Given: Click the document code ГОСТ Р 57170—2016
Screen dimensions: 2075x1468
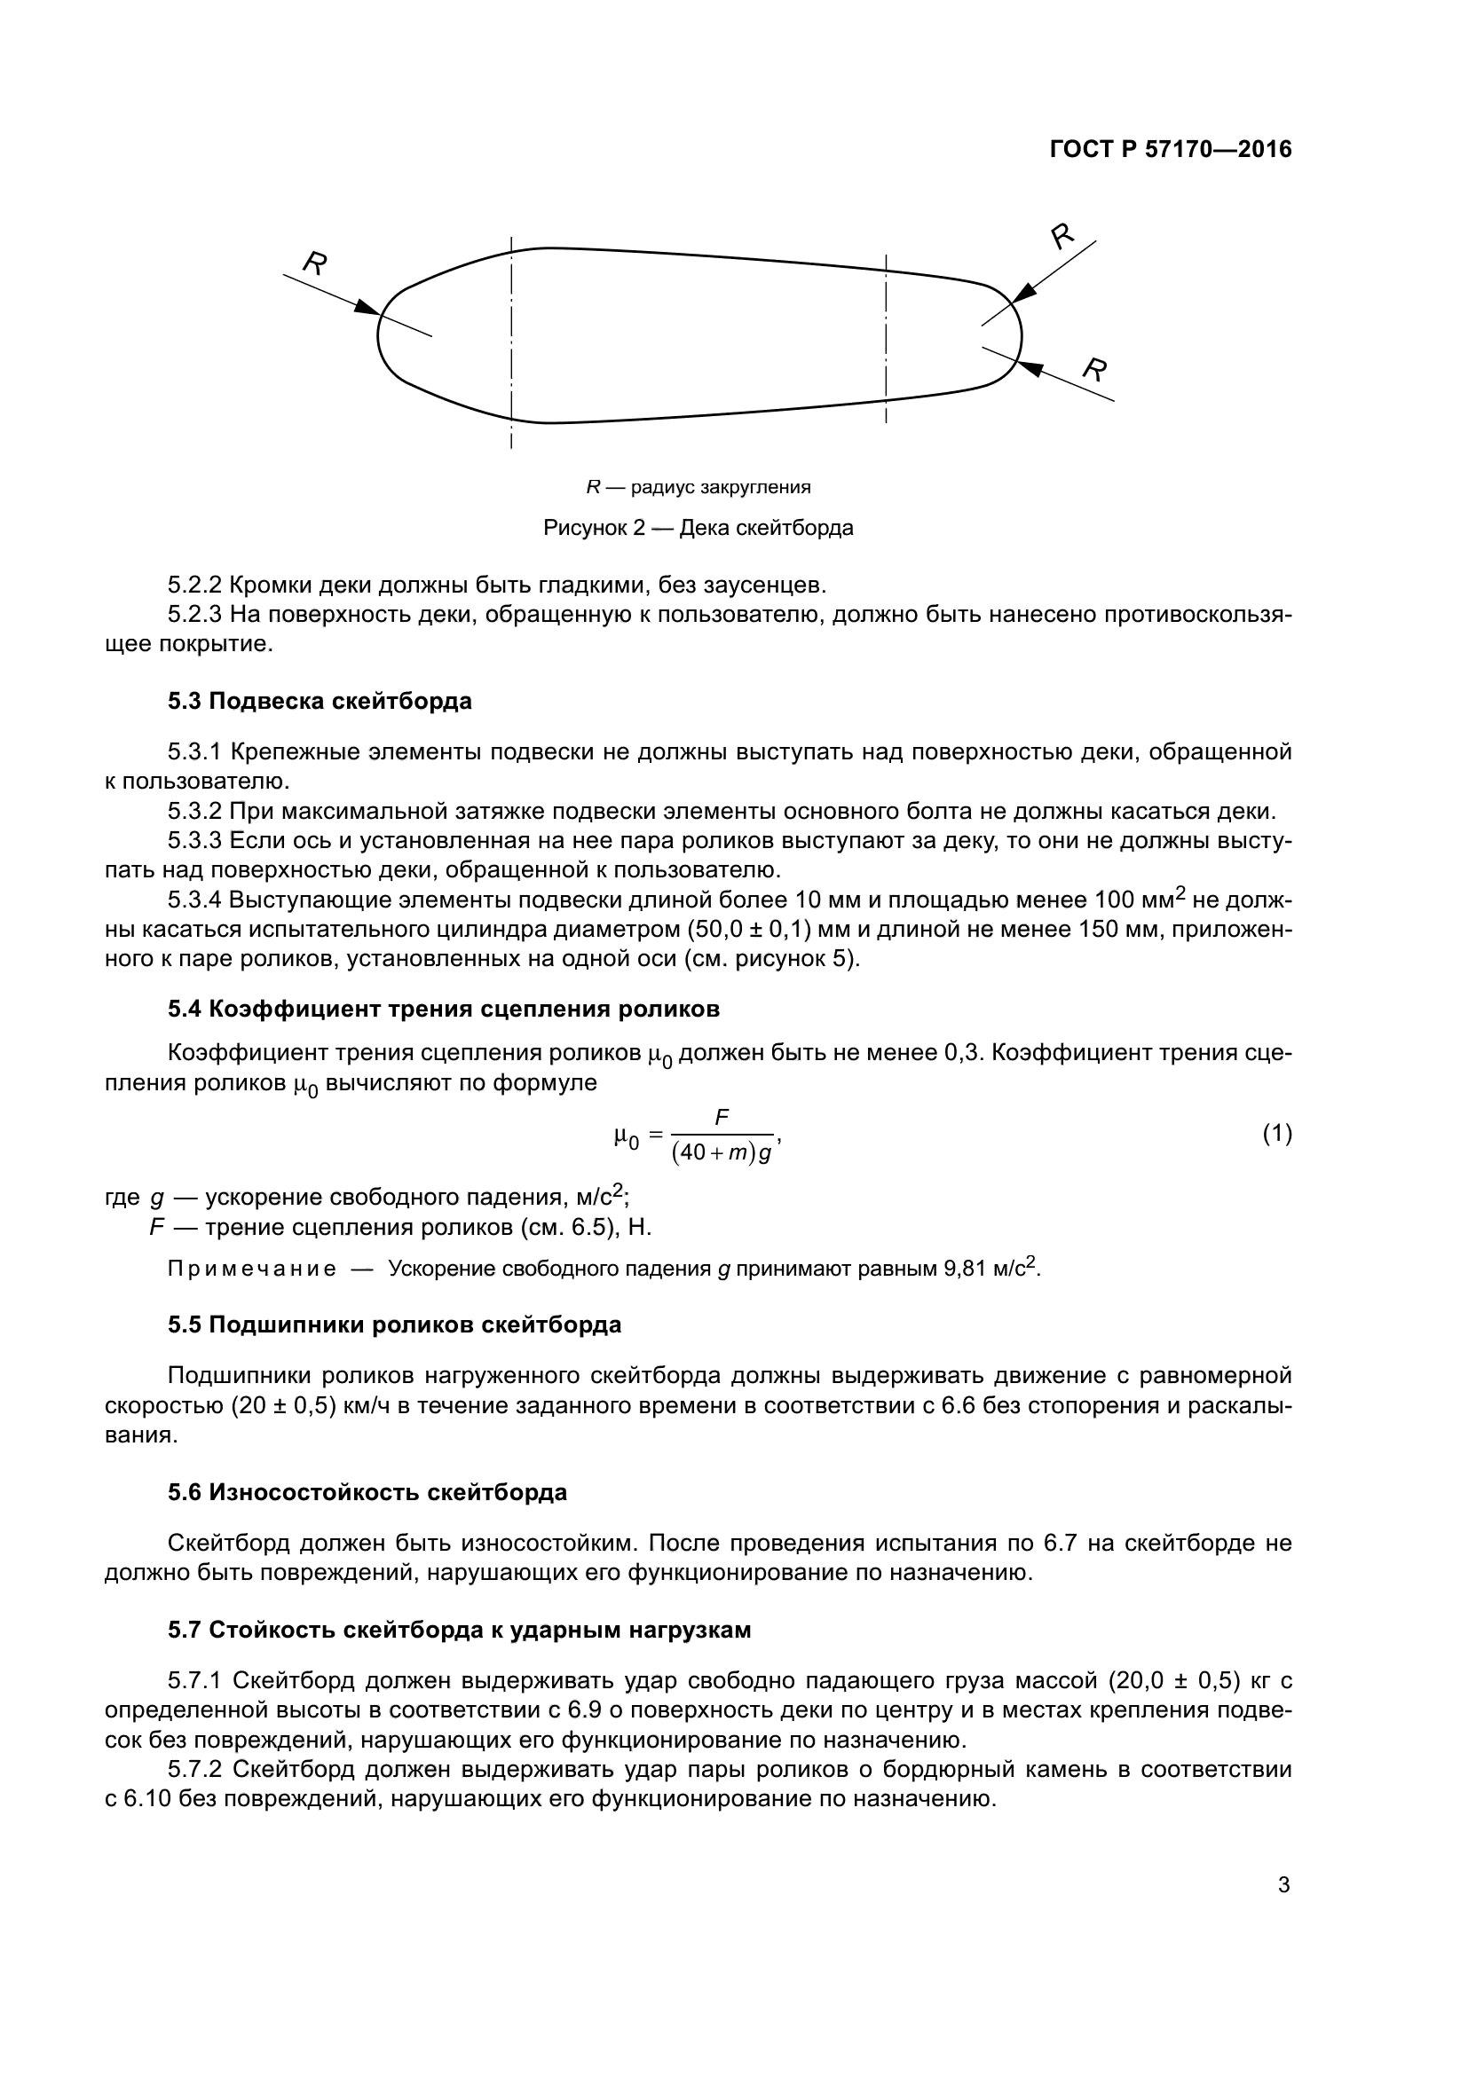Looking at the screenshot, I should (1171, 150).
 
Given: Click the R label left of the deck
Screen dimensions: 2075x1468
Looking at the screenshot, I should (313, 263).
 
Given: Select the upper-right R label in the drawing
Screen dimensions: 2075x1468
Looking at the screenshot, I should (1062, 236).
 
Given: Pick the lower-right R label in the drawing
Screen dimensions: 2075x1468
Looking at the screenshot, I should (1095, 369).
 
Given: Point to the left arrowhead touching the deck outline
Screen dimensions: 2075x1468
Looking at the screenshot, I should (367, 308).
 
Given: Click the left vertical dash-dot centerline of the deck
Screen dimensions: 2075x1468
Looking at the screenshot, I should (511, 343).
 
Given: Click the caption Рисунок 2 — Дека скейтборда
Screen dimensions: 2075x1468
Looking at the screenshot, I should (698, 528).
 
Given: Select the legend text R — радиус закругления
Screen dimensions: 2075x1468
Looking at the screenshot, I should (698, 488).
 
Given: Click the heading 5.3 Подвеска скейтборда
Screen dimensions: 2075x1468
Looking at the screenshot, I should (320, 702).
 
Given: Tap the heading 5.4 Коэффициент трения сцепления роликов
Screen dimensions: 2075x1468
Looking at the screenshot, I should (443, 1010).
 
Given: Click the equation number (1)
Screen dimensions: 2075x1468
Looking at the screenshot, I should (1276, 1133).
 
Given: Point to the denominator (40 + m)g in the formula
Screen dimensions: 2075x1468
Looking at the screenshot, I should (722, 1156).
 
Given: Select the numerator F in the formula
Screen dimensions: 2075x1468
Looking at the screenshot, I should (722, 1119).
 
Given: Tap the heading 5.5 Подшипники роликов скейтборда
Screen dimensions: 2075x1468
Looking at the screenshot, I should (394, 1325).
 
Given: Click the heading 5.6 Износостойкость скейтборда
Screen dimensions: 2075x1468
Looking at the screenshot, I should (367, 1492).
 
